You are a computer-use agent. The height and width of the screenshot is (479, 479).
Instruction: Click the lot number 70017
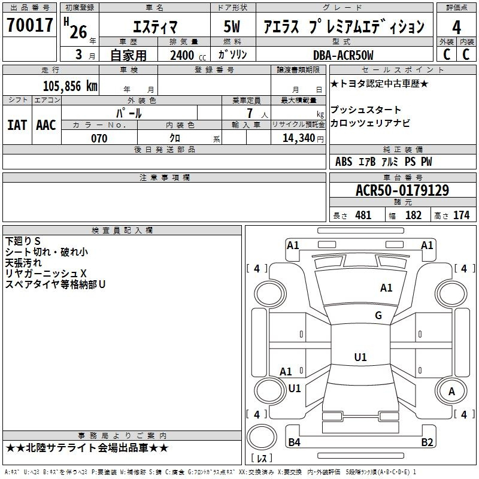[x=29, y=25]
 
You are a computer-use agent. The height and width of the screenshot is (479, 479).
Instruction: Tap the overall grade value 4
[x=456, y=27]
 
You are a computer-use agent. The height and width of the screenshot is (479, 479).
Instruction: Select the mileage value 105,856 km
[x=70, y=86]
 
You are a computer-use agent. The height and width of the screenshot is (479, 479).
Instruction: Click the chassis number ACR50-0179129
[x=402, y=190]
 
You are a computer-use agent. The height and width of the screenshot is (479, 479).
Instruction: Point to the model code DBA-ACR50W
[x=343, y=55]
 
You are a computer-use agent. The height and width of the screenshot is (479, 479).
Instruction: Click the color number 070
[x=99, y=138]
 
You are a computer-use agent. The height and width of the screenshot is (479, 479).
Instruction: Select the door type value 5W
[x=232, y=26]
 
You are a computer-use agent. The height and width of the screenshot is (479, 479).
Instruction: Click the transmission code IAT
[x=17, y=125]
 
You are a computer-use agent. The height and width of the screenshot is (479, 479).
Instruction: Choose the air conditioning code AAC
[x=46, y=125]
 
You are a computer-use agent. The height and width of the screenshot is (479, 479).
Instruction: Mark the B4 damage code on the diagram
[x=294, y=442]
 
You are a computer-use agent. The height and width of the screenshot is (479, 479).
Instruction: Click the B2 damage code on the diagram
[x=427, y=442]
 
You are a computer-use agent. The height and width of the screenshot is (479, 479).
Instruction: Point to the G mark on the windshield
[x=378, y=315]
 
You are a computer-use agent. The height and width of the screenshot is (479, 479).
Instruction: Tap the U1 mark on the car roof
[x=360, y=357]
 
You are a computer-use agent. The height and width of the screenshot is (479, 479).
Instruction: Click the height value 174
[x=461, y=216]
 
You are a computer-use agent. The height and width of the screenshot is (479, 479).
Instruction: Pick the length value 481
[x=363, y=216]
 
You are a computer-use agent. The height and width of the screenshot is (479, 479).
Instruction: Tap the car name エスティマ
[x=155, y=27]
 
